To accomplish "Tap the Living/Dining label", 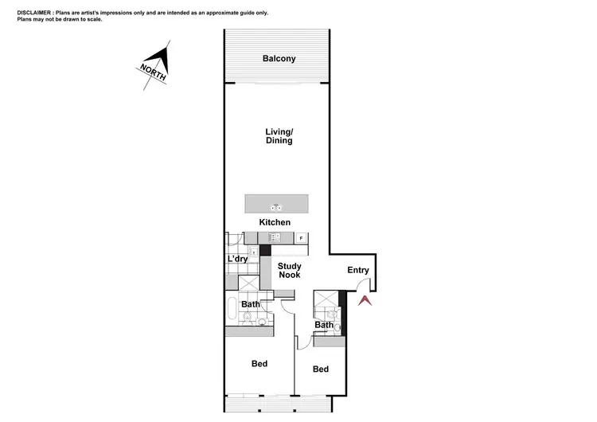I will [x=279, y=136].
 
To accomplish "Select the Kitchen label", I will [x=275, y=222].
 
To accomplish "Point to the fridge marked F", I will [x=302, y=238].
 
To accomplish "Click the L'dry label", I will [x=237, y=260].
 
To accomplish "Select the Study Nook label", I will [x=289, y=270].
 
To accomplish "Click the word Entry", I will [x=358, y=270].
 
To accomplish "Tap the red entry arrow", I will [x=365, y=301].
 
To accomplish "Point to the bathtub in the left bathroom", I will [x=231, y=310].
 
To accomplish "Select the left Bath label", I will [x=251, y=304].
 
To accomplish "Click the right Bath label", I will [x=323, y=325].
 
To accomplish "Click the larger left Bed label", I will [x=259, y=364].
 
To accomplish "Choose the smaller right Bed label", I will [x=320, y=369].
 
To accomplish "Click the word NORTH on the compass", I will [x=154, y=71].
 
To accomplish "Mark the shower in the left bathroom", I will [x=248, y=284].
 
